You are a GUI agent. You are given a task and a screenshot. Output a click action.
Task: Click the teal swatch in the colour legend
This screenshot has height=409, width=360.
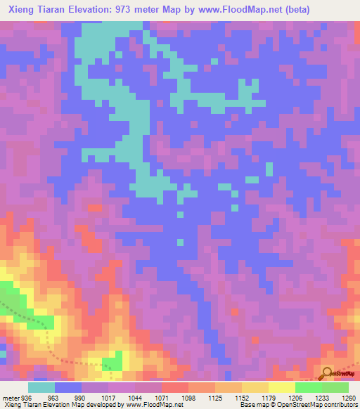41,387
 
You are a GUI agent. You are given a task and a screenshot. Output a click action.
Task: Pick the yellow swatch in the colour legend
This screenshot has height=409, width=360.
281,387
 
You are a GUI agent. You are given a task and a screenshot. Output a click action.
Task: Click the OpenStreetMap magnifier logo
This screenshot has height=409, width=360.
328,372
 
